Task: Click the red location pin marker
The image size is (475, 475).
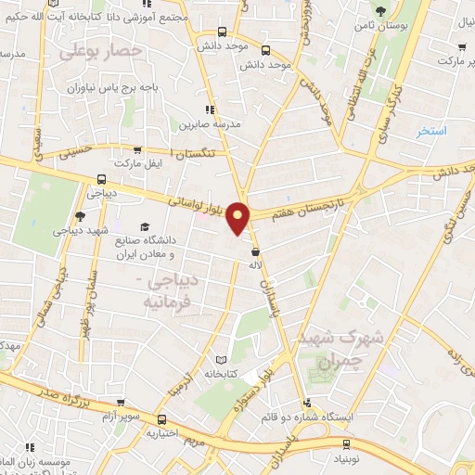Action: coord(239,218)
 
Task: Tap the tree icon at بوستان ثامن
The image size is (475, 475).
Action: coord(380,12)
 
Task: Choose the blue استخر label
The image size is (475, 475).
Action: coord(431,131)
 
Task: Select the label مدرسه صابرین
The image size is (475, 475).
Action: coord(209,122)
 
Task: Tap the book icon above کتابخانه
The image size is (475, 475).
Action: coord(220,360)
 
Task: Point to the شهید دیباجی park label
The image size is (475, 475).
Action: coord(81,229)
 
